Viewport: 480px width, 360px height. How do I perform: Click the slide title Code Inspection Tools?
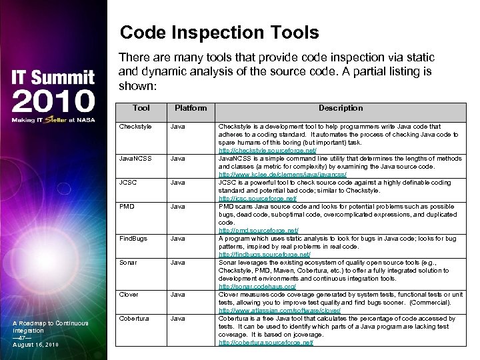(219, 33)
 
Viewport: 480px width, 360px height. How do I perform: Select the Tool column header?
(141, 108)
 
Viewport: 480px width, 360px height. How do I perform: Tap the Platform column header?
(191, 108)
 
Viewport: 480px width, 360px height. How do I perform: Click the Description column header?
(340, 108)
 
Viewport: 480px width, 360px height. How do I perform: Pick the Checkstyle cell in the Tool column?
(135, 125)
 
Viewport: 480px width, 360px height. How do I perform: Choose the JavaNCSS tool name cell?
(135, 159)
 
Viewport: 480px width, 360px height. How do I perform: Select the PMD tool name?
(127, 206)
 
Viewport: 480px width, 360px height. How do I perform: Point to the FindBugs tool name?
(133, 238)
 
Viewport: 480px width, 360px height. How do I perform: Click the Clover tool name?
(129, 294)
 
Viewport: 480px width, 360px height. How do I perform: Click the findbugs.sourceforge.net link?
(264, 254)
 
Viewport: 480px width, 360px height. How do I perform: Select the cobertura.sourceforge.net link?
(265, 342)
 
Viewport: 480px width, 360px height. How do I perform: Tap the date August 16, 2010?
(36, 344)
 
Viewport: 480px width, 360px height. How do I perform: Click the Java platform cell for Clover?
(178, 294)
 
